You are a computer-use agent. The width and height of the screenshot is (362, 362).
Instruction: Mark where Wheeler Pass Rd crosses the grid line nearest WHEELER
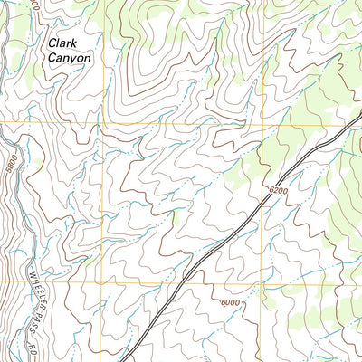pyautogui.click(x=30, y=280)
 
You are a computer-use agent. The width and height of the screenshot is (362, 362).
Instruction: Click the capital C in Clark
pyautogui.click(x=52, y=42)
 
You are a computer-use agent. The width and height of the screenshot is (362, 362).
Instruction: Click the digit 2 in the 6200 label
pyautogui.click(x=275, y=189)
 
